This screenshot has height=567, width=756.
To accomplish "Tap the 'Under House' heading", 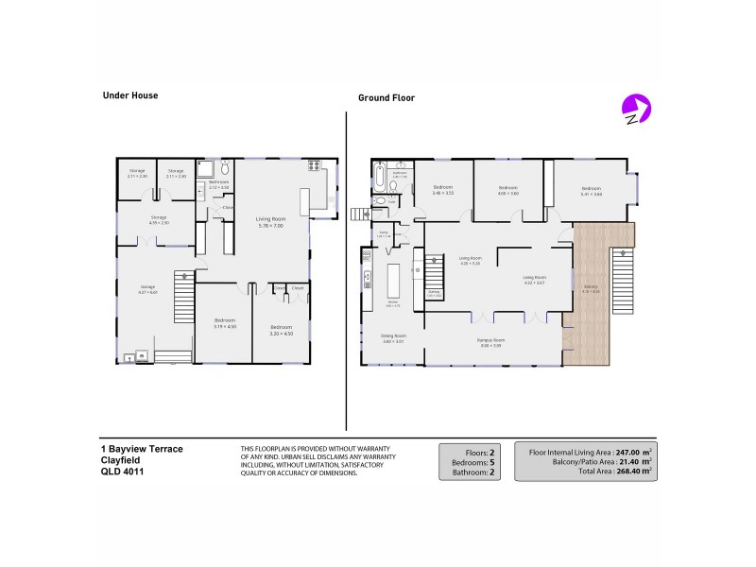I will point(129,95).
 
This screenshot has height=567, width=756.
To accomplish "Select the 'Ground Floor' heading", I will point(386,97).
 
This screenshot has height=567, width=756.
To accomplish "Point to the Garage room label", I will point(147,288).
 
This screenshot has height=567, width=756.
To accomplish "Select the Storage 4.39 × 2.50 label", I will point(159,220).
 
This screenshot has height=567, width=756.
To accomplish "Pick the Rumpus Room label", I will point(492,341).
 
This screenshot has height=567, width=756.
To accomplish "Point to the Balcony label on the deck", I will point(591,289).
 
